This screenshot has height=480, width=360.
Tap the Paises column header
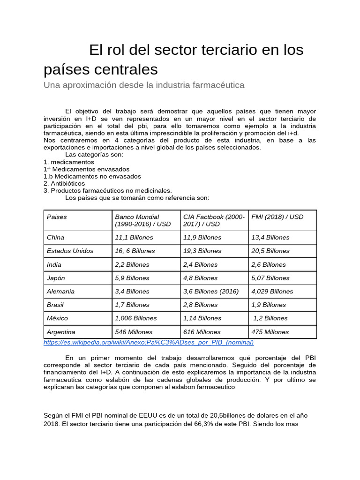coord(57,217)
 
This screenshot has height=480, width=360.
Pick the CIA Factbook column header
coord(213,220)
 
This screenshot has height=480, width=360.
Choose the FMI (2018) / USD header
coord(277,217)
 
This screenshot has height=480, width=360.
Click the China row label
coord(56,238)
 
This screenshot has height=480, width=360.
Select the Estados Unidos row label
coord(70,251)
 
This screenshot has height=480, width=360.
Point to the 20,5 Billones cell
coord(270,251)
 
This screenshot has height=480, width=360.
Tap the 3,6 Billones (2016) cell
coord(211,291)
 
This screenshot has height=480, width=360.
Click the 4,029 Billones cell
coord(272,291)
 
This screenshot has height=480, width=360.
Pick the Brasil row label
coord(55,305)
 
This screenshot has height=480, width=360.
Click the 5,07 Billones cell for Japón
coord(270,278)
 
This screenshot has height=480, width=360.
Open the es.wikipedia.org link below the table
coord(149,343)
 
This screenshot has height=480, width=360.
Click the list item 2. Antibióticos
coord(64,183)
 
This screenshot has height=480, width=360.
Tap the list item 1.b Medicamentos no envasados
coord(92,176)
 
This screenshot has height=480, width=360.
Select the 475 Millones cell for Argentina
coord(270,332)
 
